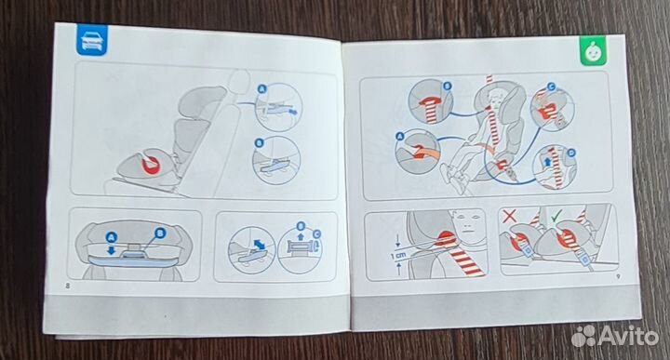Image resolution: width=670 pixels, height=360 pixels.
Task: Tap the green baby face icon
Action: point(594,51)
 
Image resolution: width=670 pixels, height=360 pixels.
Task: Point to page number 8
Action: point(67,286)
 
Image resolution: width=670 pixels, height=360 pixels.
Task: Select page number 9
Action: point(618,276)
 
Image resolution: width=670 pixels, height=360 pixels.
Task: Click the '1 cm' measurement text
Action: point(397,255)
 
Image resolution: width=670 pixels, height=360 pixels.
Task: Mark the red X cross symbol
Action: point(509,215)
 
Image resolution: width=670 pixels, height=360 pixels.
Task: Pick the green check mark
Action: point(556,216)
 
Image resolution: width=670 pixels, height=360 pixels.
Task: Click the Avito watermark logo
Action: point(615,335)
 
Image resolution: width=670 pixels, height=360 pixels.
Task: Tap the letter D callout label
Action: point(571,153)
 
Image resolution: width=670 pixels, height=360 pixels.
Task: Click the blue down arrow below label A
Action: point(111,250)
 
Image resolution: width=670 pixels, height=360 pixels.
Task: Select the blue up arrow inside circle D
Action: point(548,162)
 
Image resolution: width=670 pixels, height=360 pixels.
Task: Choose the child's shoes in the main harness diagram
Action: point(450,175)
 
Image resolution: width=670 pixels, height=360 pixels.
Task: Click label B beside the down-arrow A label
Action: point(160,233)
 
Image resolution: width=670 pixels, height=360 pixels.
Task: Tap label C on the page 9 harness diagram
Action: point(551,88)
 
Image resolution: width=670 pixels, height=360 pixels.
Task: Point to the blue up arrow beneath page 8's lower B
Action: point(301,235)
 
